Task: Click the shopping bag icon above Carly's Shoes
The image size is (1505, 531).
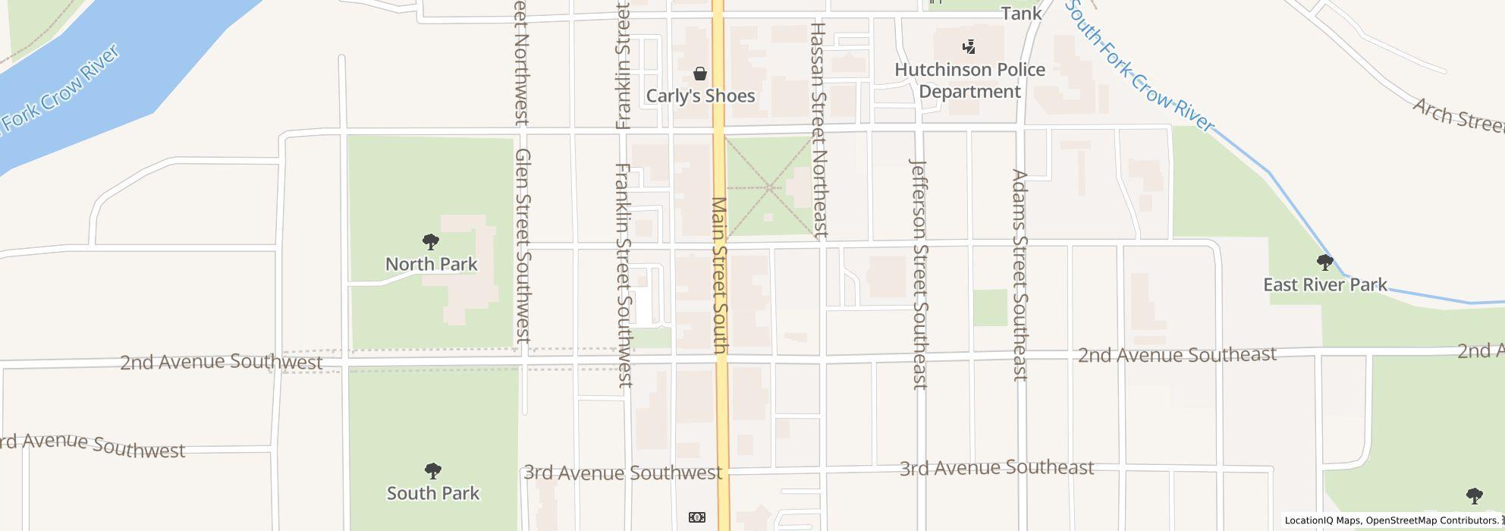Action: coord(699,74)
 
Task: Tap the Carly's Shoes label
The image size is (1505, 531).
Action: coord(699,96)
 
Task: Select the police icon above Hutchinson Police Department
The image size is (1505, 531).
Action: coord(969,48)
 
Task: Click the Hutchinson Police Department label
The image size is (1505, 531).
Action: coord(969,80)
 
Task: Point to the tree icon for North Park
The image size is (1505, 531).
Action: coord(431,243)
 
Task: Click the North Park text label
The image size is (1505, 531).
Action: coord(431,264)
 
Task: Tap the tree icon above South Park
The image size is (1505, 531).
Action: coord(432,471)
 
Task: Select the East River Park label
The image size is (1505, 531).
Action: coord(1324,285)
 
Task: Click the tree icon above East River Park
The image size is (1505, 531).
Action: coord(1324,263)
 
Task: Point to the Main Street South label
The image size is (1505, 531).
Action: coord(719,275)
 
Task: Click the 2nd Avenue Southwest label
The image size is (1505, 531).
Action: coord(222,362)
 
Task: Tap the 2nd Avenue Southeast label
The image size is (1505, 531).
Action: coord(1177,355)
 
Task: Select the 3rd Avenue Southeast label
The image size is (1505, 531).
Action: coord(996,468)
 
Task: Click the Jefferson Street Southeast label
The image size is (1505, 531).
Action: coord(919,273)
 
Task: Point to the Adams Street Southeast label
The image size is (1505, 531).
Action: coord(1020,275)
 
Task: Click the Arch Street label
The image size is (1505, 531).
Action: coord(1456,118)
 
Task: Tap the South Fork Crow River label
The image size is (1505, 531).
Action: coord(1139,67)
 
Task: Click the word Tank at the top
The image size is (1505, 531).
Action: coord(1021,13)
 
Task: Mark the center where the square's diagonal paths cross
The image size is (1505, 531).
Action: coord(769,187)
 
